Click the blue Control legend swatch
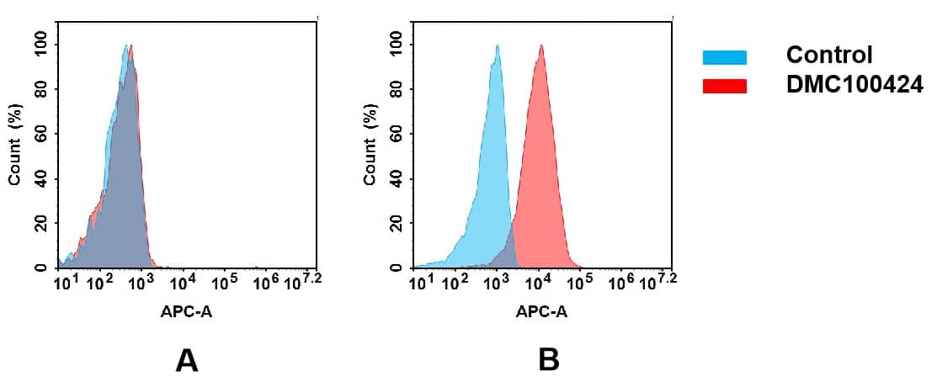[724, 57]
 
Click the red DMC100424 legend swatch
[724, 86]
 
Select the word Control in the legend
[828, 56]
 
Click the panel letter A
[186, 361]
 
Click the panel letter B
[548, 361]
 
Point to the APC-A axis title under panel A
[186, 312]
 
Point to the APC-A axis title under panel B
[541, 312]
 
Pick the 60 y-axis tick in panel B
[396, 135]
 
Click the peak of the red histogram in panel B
[540, 47]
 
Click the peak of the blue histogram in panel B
[498, 47]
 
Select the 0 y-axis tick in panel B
[396, 268]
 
